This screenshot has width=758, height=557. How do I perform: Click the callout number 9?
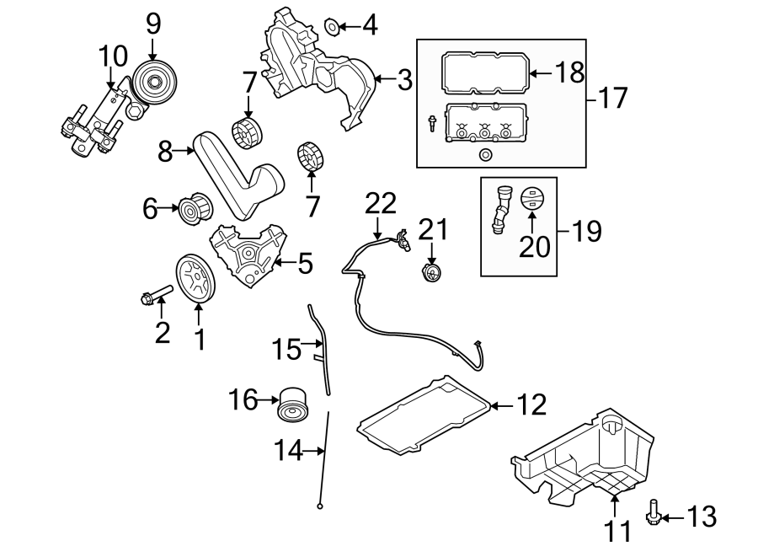tap(152, 24)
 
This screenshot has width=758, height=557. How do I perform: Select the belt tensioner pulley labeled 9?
tap(153, 82)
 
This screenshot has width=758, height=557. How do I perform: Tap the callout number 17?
tap(613, 98)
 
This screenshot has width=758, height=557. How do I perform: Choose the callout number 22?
tap(380, 203)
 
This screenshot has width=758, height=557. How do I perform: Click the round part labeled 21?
tap(431, 273)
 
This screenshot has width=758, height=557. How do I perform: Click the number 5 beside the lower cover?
tap(304, 264)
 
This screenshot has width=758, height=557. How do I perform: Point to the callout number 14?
tap(287, 452)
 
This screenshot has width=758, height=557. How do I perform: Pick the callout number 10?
tap(112, 56)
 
